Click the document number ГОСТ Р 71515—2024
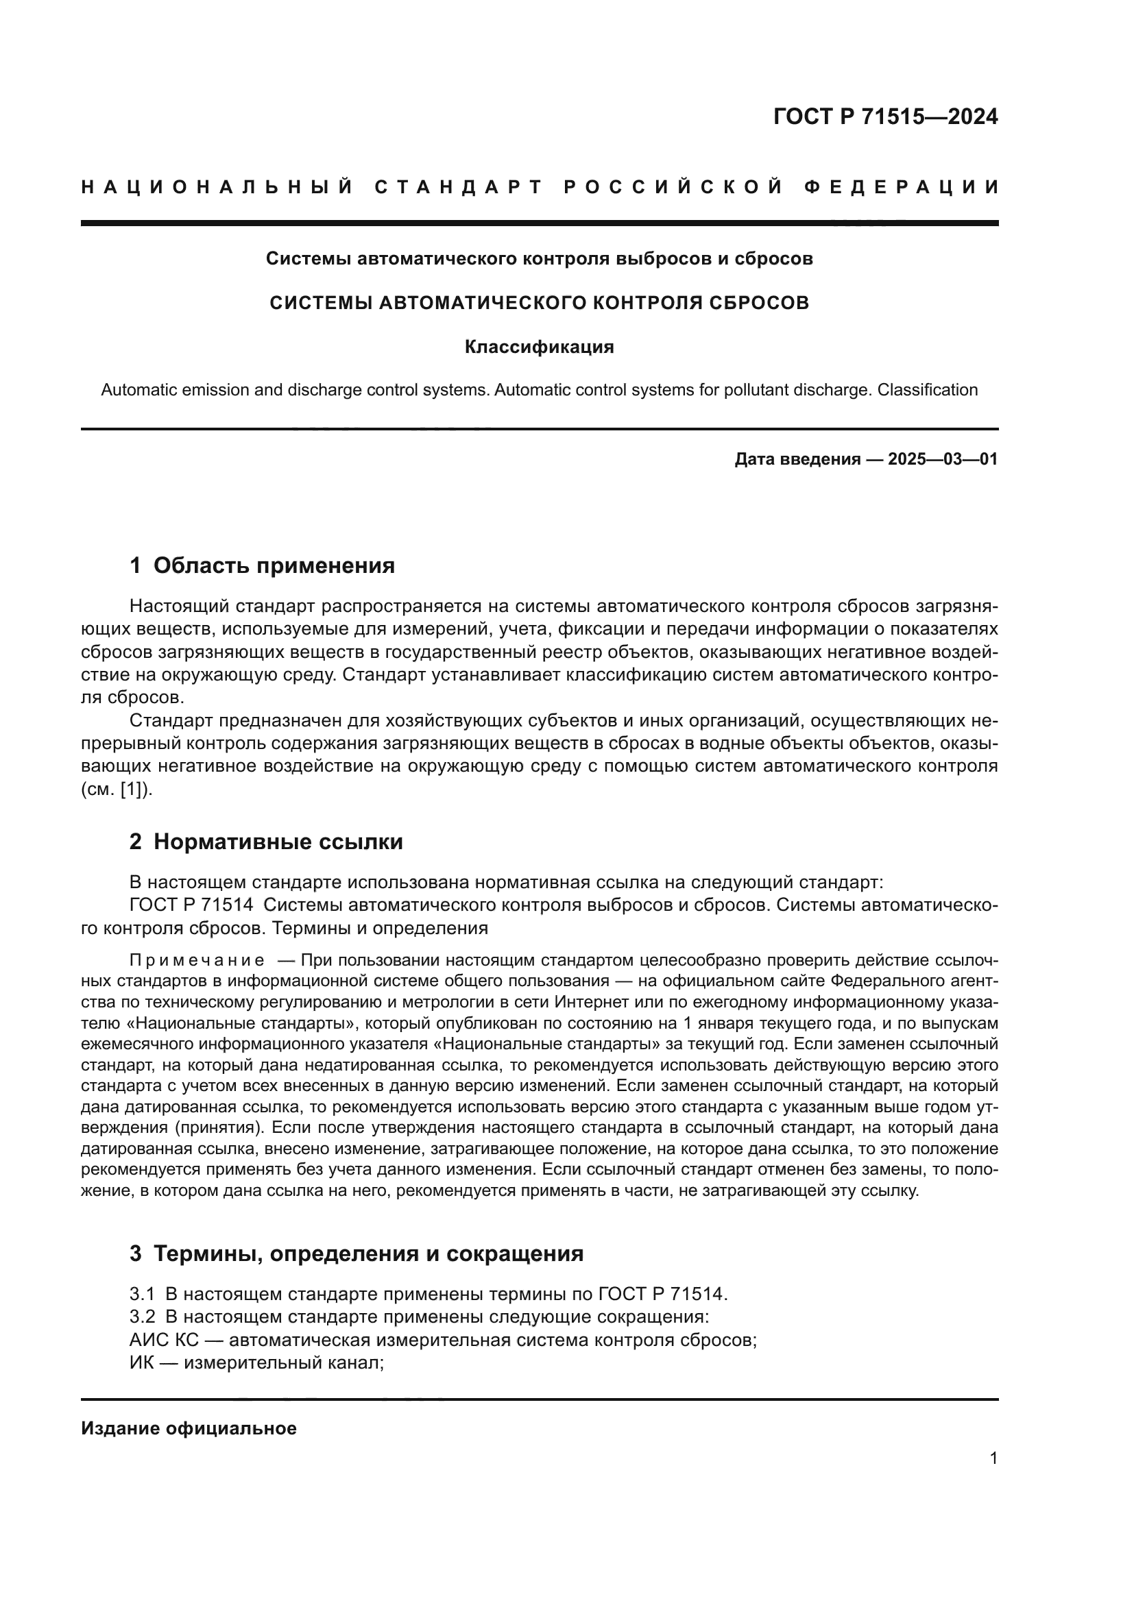884,117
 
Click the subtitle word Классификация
539,347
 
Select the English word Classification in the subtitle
927,389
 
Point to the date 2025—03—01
943,459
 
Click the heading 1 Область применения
262,565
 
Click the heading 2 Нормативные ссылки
266,842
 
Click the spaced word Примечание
197,960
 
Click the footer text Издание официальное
189,1428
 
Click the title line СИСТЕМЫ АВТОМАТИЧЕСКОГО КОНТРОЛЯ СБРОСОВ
539,303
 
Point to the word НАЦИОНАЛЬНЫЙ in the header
217,187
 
